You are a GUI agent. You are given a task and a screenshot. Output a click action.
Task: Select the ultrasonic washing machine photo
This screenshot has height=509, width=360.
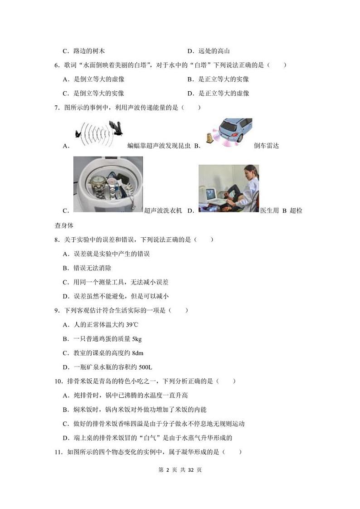click(x=108, y=184)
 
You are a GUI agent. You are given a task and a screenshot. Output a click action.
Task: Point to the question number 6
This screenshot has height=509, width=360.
click(x=57, y=65)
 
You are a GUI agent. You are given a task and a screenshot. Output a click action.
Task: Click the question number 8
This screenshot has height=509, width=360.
click(x=57, y=240)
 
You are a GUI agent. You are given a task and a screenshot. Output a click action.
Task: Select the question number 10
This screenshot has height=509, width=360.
click(x=58, y=382)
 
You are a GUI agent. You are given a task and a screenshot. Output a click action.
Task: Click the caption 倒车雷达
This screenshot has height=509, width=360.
click(x=266, y=146)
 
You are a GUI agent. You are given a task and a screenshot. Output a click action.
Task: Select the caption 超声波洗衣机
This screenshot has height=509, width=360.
click(x=162, y=210)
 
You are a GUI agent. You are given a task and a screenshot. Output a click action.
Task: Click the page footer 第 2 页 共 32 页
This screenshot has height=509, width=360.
click(x=180, y=470)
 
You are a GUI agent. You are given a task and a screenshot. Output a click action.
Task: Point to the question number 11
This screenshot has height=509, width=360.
click(x=58, y=452)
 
